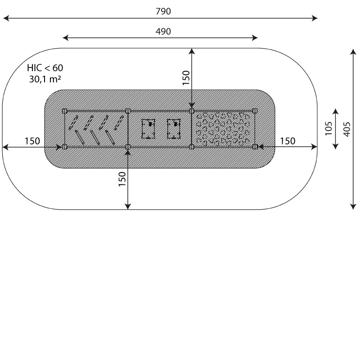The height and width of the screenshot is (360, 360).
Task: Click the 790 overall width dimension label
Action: (163, 11)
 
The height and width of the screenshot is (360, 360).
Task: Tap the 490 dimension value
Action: (163, 31)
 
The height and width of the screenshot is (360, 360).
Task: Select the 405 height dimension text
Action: (347, 129)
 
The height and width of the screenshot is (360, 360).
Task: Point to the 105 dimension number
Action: (328, 128)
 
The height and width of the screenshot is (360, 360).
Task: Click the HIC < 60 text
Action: (45, 68)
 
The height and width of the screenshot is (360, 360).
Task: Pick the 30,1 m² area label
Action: (45, 79)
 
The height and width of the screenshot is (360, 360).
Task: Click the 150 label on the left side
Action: (32, 141)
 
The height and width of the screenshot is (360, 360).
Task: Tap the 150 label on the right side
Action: (288, 141)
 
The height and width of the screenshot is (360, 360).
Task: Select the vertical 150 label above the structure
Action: (186, 77)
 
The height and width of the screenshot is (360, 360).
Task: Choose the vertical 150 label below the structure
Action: (122, 179)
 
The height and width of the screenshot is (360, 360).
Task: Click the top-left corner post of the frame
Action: (64, 111)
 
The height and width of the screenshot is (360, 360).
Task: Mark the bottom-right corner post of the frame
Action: (255, 147)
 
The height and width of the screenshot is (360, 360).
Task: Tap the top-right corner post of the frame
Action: (255, 111)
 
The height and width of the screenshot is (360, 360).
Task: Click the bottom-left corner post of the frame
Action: (64, 147)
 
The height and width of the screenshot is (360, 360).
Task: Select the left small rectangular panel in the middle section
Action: (148, 129)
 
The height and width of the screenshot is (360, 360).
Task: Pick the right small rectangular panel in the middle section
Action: (174, 129)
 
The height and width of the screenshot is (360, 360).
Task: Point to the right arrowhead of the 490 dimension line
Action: (255, 38)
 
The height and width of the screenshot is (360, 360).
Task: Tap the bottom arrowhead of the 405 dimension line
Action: (353, 207)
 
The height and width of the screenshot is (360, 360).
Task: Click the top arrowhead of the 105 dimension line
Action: (335, 112)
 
